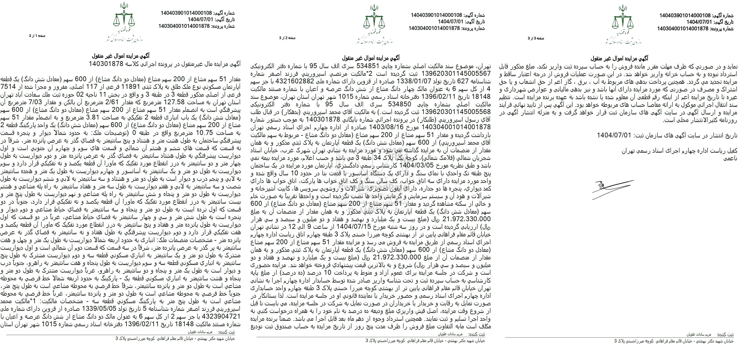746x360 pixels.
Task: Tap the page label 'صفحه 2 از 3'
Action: pyautogui.click(x=287, y=38)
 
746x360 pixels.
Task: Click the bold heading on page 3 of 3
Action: pyautogui.click(x=623, y=58)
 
